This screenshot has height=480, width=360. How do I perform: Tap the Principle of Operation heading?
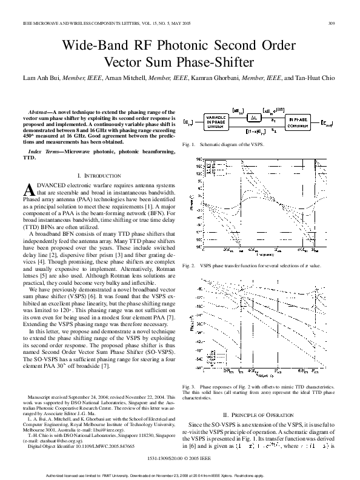pyautogui.click(x=263, y=414)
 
